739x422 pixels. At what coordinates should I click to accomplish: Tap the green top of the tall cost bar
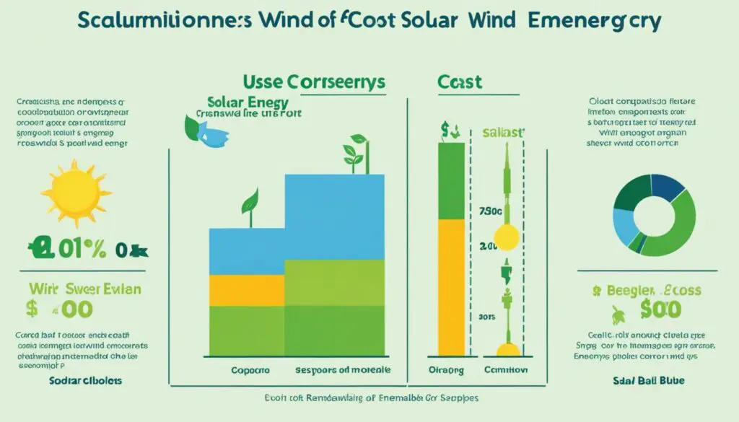pyautogui.click(x=451, y=180)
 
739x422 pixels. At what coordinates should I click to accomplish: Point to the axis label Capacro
pyautogui.click(x=251, y=369)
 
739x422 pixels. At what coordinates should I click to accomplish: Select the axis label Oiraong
pyautogui.click(x=446, y=369)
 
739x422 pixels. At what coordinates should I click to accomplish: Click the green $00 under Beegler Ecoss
pyautogui.click(x=660, y=311)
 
